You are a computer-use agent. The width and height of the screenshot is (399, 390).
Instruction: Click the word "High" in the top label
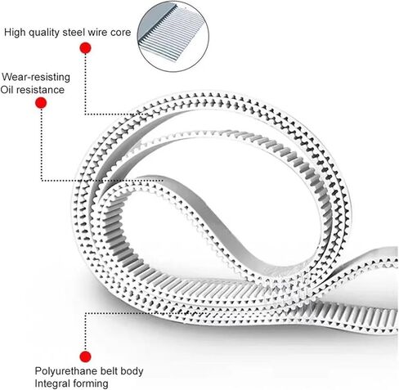pyautogui.click(x=15, y=33)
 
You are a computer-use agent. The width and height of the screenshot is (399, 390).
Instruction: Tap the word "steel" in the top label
pyautogui.click(x=73, y=33)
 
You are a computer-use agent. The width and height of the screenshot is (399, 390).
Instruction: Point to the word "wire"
pyautogui.click(x=96, y=33)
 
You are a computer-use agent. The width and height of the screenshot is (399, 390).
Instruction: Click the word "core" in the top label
pyautogui.click(x=120, y=33)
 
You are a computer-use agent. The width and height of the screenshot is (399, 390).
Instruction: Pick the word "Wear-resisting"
pyautogui.click(x=36, y=77)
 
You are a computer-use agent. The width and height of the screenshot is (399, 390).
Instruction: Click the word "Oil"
pyautogui.click(x=6, y=90)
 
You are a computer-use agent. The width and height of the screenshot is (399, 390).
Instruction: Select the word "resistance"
pyautogui.click(x=39, y=90)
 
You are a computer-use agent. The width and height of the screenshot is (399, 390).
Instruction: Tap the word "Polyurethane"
pyautogui.click(x=66, y=371)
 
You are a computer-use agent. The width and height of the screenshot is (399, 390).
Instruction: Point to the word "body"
pyautogui.click(x=132, y=371)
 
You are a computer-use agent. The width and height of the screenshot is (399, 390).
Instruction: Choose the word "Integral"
pyautogui.click(x=52, y=383)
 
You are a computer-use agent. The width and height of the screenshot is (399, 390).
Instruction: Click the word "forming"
pyautogui.click(x=89, y=383)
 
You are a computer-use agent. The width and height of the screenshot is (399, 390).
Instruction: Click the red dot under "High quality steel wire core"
pyautogui.click(x=85, y=48)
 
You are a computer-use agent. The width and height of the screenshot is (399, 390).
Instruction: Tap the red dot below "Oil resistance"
pyautogui.click(x=41, y=103)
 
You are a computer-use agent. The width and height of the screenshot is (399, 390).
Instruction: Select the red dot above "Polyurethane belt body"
pyautogui.click(x=85, y=356)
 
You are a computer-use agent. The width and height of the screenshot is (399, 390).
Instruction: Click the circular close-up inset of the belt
pyautogui.click(x=173, y=37)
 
